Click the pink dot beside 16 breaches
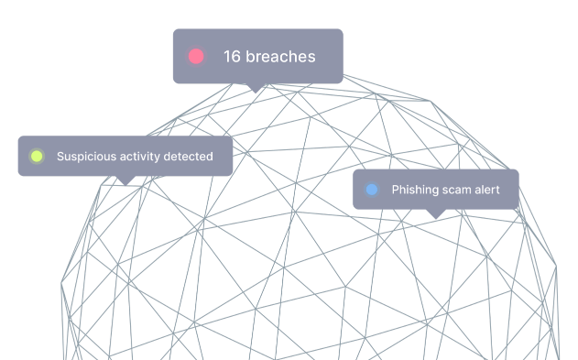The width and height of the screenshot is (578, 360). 196,57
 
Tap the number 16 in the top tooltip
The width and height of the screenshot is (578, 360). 233,57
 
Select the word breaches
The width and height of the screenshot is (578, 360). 280,57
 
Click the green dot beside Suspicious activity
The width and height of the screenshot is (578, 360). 37,157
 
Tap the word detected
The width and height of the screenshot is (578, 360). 188,157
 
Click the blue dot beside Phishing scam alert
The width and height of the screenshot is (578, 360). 372,190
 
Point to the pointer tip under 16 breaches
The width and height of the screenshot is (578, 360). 256,93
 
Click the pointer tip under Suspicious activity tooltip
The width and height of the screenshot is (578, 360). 125,185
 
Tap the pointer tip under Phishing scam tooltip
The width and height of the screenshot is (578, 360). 436,219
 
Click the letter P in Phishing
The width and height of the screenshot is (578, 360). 395,190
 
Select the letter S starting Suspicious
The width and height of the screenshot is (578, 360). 60,157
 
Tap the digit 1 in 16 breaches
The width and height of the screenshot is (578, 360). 227,57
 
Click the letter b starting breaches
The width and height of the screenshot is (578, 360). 250,57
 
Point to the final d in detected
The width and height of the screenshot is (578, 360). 209,157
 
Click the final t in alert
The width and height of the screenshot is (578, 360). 497,191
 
